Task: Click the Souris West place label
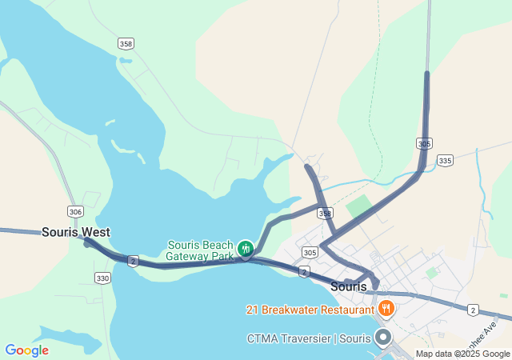[x=76, y=232]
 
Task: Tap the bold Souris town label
[x=348, y=286]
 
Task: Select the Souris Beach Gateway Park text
[x=200, y=250]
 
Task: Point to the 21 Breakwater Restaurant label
[x=310, y=309]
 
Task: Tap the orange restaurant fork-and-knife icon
[x=386, y=308]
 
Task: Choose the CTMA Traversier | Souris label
[x=309, y=338]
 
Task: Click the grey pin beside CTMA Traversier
[x=384, y=337]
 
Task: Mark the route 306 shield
[x=76, y=211]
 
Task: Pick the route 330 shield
[x=102, y=278]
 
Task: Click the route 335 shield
[x=446, y=161]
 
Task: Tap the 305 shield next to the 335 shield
[x=425, y=143]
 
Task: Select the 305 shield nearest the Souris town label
[x=310, y=253]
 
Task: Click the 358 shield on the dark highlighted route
[x=324, y=214]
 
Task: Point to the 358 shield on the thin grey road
[x=126, y=43]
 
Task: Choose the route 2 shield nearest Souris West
[x=133, y=261]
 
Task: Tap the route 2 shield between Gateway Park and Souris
[x=304, y=272]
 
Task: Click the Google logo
[x=26, y=350]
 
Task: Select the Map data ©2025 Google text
[x=462, y=354]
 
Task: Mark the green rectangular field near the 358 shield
[x=359, y=207]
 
